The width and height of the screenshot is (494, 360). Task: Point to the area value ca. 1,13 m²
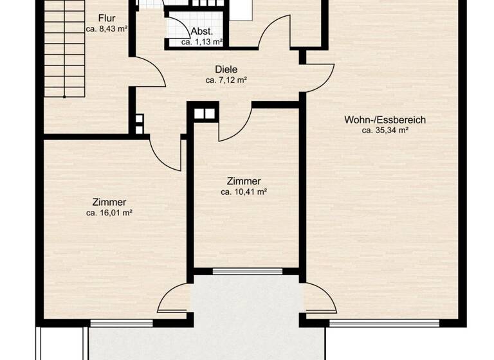pos(201,42)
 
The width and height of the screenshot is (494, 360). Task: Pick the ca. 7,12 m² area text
pos(226,80)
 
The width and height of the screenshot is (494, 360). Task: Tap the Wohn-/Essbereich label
pos(385,119)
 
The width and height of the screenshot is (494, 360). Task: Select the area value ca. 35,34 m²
pos(385,130)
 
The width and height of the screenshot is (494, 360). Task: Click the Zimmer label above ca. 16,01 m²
pos(109,201)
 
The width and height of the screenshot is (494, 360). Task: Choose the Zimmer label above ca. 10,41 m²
pos(244,181)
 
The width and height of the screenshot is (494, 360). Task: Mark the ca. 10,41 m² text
pos(244,192)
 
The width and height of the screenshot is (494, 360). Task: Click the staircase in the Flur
pos(64,51)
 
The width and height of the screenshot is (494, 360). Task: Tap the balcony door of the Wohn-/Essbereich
pos(319,300)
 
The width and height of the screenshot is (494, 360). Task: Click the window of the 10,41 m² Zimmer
pos(247,271)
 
